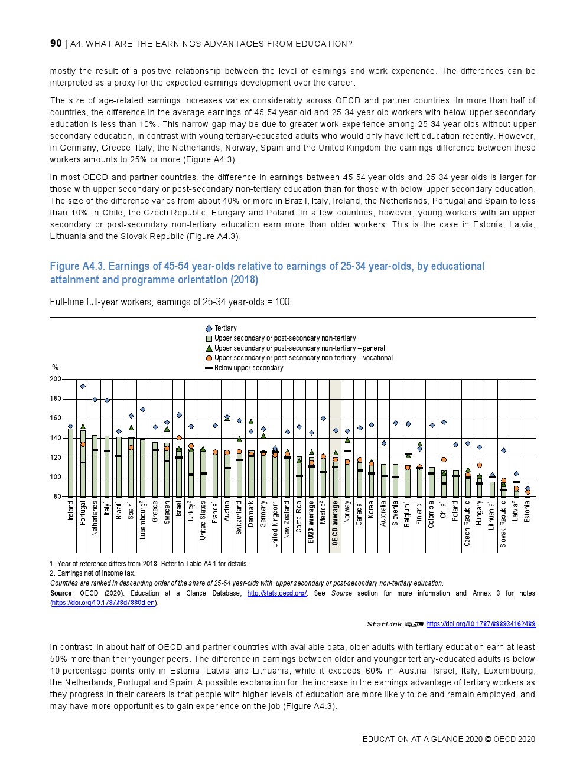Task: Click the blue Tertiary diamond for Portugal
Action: coord(83,387)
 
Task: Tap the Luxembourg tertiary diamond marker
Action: coord(143,409)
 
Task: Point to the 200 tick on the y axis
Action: coord(55,379)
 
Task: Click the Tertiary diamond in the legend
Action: coord(209,329)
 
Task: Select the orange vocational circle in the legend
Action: coord(209,358)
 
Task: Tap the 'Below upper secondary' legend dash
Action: coord(209,368)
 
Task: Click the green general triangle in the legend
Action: coord(209,348)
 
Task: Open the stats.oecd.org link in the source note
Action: coord(276,593)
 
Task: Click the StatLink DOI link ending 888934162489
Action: coord(480,624)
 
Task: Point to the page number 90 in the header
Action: coord(56,43)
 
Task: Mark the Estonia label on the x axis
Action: coord(528,511)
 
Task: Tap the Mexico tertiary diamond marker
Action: coord(323,419)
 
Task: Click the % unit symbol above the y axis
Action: coord(56,368)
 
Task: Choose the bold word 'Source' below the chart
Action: coord(61,593)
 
